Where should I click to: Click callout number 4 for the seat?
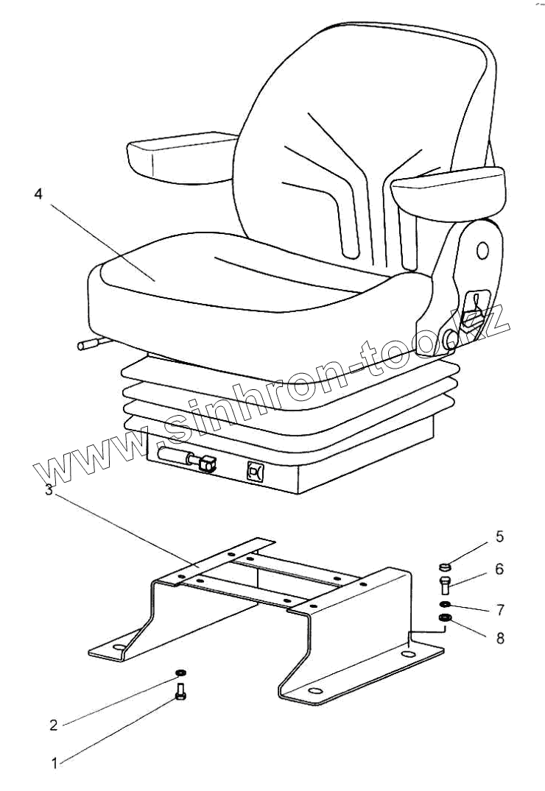coord(38,195)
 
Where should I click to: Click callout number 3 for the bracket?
coord(49,491)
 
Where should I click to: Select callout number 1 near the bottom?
coord(54,764)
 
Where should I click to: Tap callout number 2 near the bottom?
coord(53,725)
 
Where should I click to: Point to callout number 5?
coord(499,537)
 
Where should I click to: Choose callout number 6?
coord(499,569)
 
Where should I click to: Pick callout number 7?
coord(499,610)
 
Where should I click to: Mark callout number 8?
coord(499,638)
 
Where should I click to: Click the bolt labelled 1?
coord(181,693)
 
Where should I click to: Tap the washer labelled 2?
coord(180,673)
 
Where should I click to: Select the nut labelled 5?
coord(443,567)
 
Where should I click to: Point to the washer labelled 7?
coord(444,605)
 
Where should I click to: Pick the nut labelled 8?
coord(444,617)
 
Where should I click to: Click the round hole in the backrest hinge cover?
coord(482,250)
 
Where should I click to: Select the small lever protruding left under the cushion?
coord(89,343)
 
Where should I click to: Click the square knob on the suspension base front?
coord(256,472)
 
